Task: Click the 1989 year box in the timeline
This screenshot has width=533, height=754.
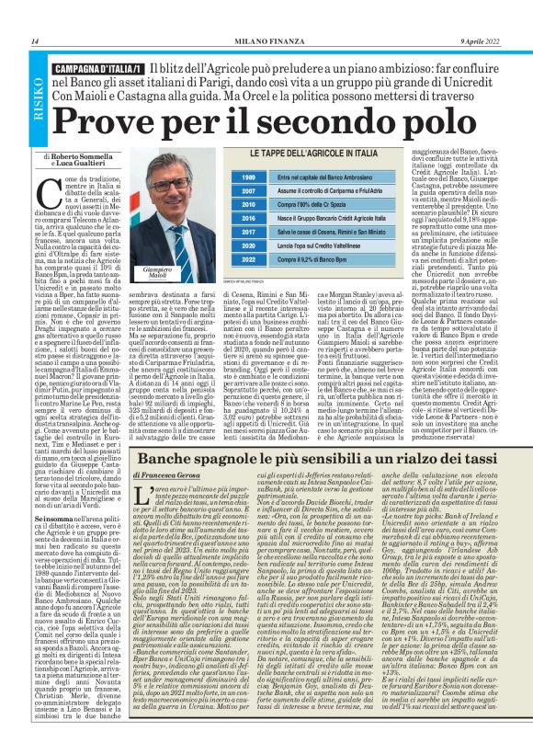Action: (x=221, y=176)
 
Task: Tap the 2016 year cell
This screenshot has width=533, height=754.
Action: (x=221, y=219)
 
